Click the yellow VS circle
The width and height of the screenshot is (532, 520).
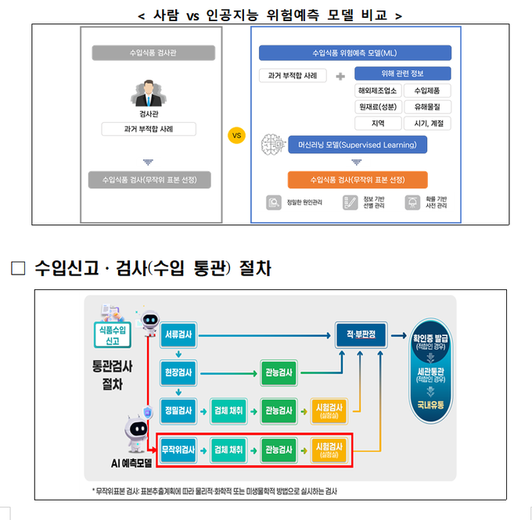click(238, 135)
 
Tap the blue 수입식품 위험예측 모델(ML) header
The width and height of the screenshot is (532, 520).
click(356, 53)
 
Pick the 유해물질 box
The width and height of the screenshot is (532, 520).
click(427, 106)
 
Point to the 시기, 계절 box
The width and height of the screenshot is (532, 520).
click(427, 123)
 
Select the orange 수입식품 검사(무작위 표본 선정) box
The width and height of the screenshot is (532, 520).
click(357, 180)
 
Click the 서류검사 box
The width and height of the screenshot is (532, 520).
click(179, 335)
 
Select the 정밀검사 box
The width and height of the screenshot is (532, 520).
click(179, 410)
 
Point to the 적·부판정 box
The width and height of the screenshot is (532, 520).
click(361, 335)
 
